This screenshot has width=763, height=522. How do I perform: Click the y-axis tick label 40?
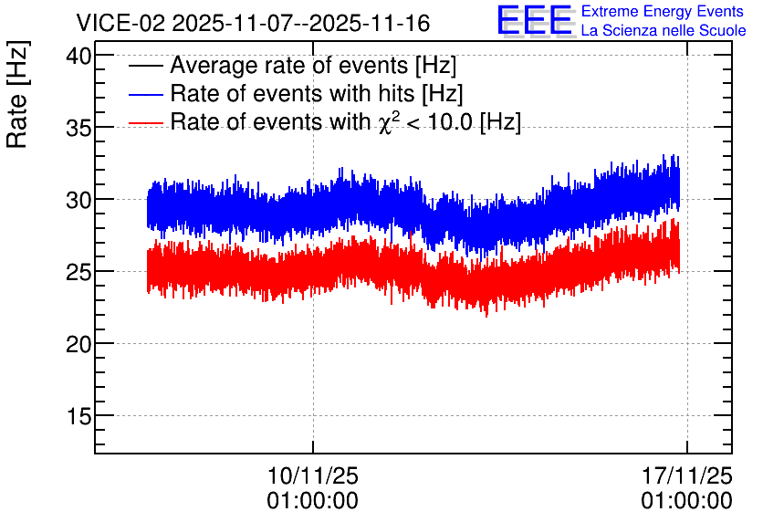(78, 57)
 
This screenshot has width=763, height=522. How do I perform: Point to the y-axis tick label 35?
(78, 128)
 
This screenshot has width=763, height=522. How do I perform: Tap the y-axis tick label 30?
(78, 200)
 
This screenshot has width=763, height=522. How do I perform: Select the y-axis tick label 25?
(78, 273)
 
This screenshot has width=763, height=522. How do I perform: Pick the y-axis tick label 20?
(78, 344)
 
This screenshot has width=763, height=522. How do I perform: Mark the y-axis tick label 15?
(78, 416)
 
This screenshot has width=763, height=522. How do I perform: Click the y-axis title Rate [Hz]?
(17, 94)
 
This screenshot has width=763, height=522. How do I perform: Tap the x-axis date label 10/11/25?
(313, 475)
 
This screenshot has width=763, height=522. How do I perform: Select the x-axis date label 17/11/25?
(687, 475)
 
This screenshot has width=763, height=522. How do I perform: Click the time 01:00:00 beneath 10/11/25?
(313, 501)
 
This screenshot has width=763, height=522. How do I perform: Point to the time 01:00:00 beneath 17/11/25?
(687, 501)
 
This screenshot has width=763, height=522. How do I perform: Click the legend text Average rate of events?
(288, 65)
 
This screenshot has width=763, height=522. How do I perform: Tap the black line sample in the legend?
(145, 66)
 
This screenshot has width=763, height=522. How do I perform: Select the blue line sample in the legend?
(145, 94)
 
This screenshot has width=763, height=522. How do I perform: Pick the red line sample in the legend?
(145, 122)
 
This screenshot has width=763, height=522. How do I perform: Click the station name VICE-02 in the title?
(121, 23)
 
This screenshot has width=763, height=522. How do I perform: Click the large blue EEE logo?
(534, 20)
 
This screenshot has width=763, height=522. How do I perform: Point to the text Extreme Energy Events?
(663, 11)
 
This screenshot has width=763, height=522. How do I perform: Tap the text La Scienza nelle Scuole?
(664, 31)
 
